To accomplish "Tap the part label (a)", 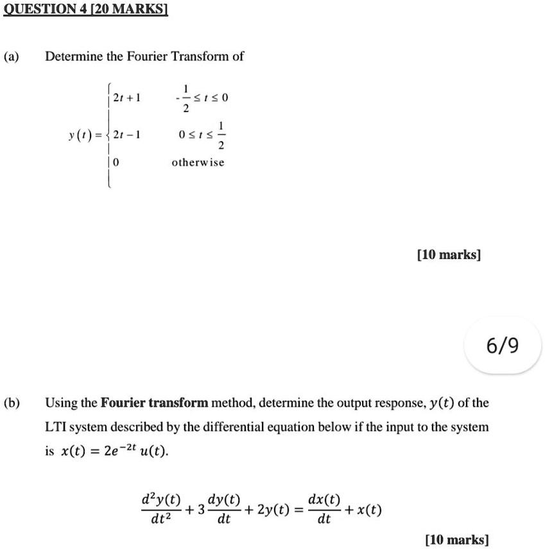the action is pyautogui.click(x=12, y=56).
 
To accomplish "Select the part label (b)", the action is pyautogui.click(x=12, y=403).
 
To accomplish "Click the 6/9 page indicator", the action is pyautogui.click(x=503, y=347).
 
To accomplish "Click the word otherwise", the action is pyautogui.click(x=198, y=163).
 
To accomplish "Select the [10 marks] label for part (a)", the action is pyautogui.click(x=449, y=255).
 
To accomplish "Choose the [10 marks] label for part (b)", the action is pyautogui.click(x=457, y=539).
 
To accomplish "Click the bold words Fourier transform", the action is pyautogui.click(x=155, y=403).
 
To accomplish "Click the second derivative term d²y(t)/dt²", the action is pyautogui.click(x=160, y=510).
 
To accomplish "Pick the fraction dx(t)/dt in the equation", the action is pyautogui.click(x=325, y=510).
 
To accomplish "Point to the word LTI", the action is pyautogui.click(x=55, y=427).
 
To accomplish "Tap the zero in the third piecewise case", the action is pyautogui.click(x=115, y=163).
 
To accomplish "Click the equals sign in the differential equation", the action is pyautogui.click(x=298, y=511).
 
